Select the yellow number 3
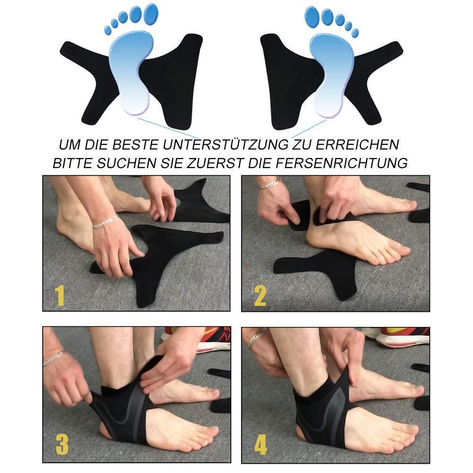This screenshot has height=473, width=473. [61, 445]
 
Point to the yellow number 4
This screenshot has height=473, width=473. [261, 445]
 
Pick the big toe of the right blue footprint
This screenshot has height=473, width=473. [312, 15]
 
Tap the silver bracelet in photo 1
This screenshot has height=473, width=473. [105, 221]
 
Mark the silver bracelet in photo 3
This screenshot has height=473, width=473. [53, 358]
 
